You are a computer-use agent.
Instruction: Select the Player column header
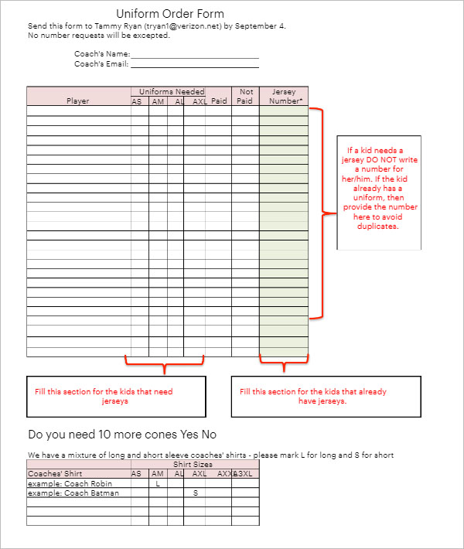pyautogui.click(x=78, y=101)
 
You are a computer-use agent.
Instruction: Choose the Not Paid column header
pyautogui.click(x=245, y=96)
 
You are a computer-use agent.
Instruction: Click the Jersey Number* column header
pyautogui.click(x=284, y=96)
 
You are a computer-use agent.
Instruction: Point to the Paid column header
pyautogui.click(x=219, y=101)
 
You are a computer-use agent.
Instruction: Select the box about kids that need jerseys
pyautogui.click(x=116, y=396)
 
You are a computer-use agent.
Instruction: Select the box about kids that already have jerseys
pyautogui.click(x=326, y=396)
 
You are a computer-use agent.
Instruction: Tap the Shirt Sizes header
pyautogui.click(x=194, y=465)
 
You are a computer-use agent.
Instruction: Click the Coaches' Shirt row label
pyautogui.click(x=55, y=474)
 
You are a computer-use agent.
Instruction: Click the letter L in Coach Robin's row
pyautogui.click(x=158, y=483)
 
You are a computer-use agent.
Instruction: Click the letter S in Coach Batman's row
pyautogui.click(x=196, y=493)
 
